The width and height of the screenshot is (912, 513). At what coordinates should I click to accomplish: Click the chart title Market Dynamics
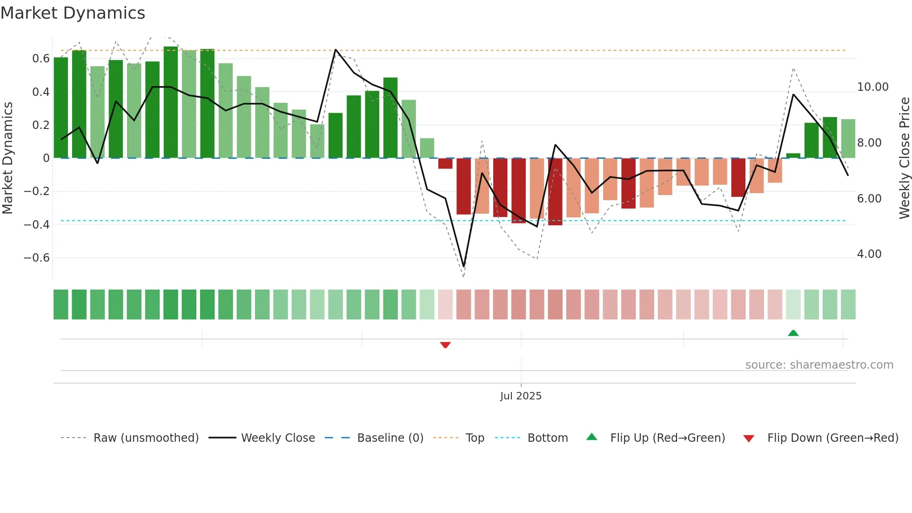pyautogui.click(x=73, y=13)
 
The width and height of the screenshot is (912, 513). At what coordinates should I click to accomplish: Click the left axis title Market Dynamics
pyautogui.click(x=7, y=158)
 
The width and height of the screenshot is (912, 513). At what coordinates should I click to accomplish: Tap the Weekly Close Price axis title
pyautogui.click(x=904, y=158)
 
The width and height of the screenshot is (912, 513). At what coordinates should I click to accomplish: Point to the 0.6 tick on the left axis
pyautogui.click(x=41, y=59)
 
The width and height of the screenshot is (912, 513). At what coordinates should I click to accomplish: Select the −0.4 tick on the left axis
pyautogui.click(x=37, y=225)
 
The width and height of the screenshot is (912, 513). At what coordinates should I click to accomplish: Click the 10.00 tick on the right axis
pyautogui.click(x=872, y=87)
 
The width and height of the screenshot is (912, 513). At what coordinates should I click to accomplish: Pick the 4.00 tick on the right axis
pyautogui.click(x=869, y=254)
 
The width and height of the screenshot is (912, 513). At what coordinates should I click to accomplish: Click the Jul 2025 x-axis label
pyautogui.click(x=521, y=396)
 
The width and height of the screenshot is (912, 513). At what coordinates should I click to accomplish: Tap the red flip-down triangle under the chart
pyautogui.click(x=445, y=345)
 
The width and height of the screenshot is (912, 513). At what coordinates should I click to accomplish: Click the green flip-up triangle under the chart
pyautogui.click(x=793, y=333)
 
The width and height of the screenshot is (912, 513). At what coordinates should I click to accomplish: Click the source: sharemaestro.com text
pyautogui.click(x=819, y=365)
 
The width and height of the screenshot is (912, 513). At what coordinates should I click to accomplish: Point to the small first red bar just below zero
pyautogui.click(x=445, y=163)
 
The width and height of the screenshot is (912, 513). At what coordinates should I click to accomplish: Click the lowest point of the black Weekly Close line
pyautogui.click(x=463, y=266)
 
